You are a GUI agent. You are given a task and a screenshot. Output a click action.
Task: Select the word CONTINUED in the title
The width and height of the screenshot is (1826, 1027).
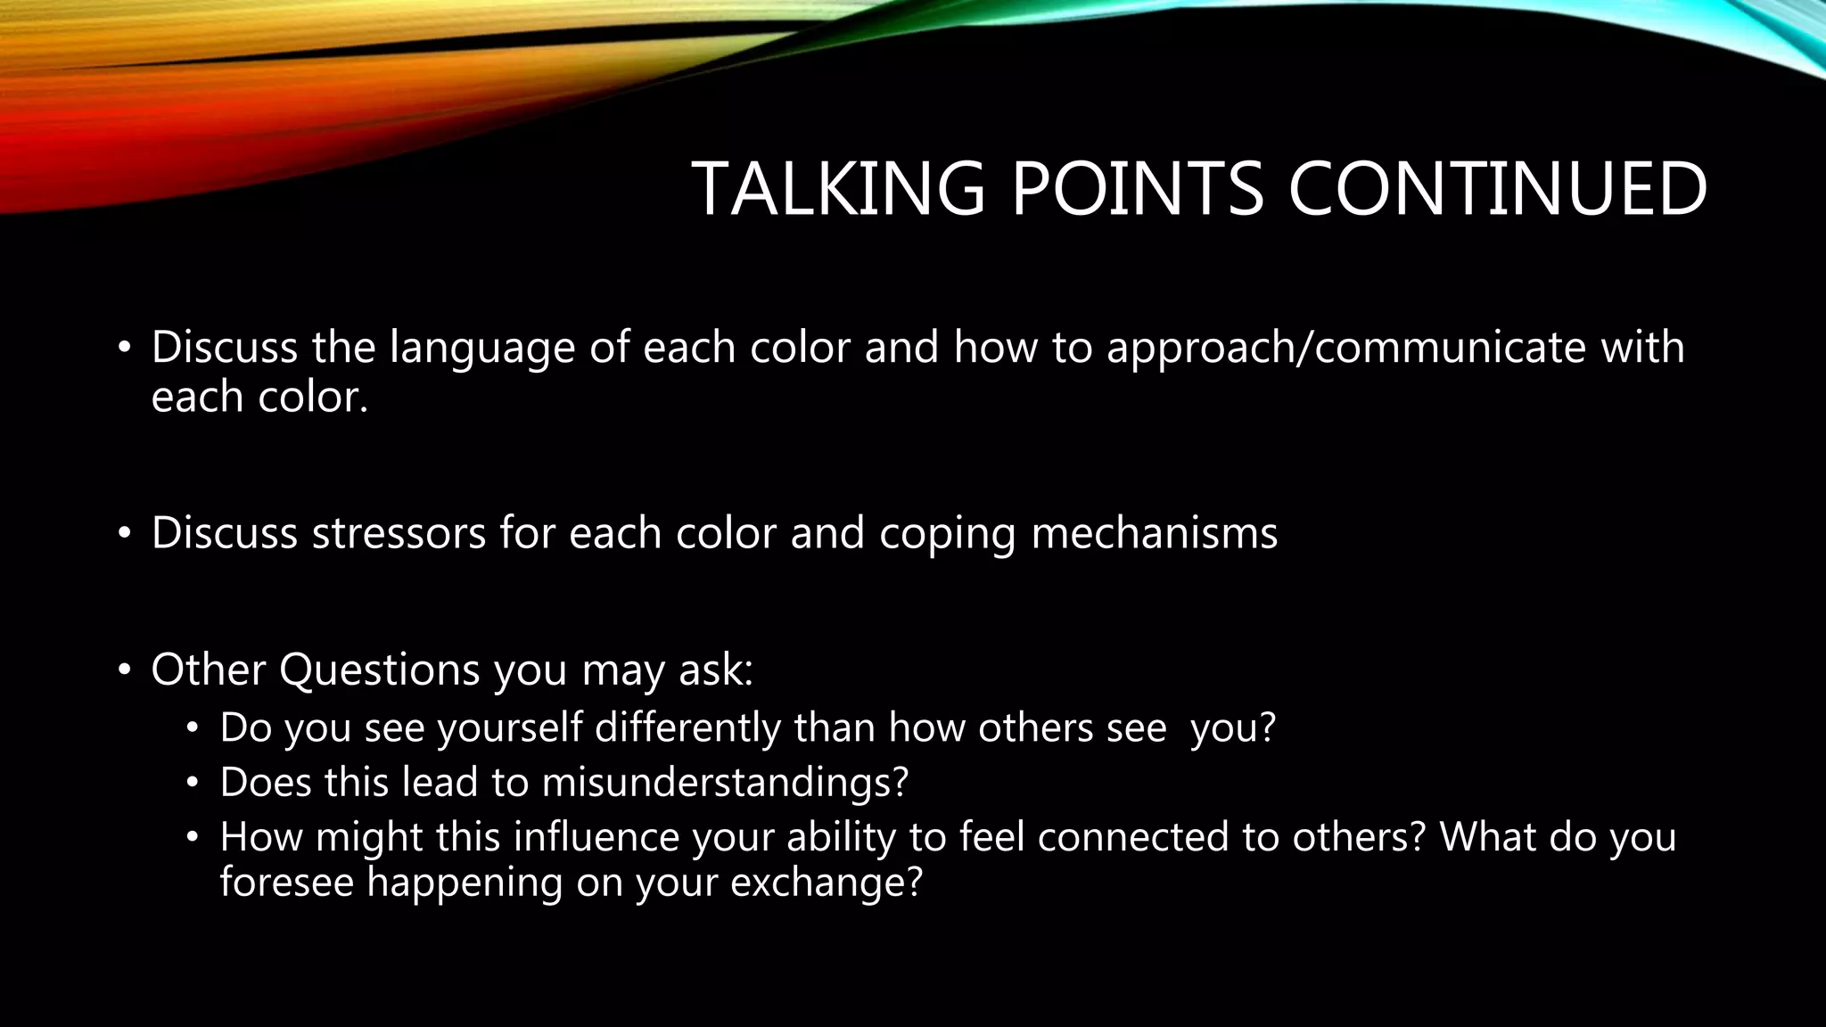(1497, 189)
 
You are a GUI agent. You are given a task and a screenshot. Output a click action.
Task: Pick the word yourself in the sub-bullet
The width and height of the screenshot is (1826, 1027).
(511, 728)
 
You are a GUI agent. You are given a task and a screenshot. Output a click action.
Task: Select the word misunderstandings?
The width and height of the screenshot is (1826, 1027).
(725, 783)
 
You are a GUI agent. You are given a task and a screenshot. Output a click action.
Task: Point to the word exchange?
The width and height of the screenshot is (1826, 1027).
(826, 883)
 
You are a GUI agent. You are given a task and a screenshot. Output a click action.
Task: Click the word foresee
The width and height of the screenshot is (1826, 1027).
(287, 883)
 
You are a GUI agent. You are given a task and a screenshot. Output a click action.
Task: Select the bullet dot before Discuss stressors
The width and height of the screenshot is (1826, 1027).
(125, 534)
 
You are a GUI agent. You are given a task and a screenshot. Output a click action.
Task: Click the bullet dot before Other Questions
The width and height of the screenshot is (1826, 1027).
(125, 670)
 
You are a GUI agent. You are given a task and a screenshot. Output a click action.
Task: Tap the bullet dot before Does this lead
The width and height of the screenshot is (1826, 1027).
(192, 784)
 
